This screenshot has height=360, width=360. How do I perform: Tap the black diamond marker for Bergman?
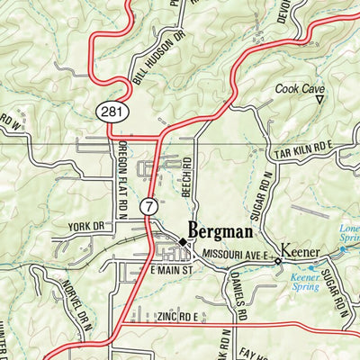pyautogui.click(x=182, y=242)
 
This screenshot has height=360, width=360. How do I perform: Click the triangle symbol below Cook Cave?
pyautogui.click(x=319, y=102)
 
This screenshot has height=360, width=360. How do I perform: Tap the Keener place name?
pyautogui.click(x=301, y=247)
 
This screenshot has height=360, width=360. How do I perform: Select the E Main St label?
pyautogui.click(x=171, y=271)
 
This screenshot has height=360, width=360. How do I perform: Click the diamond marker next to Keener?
pyautogui.click(x=278, y=261)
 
